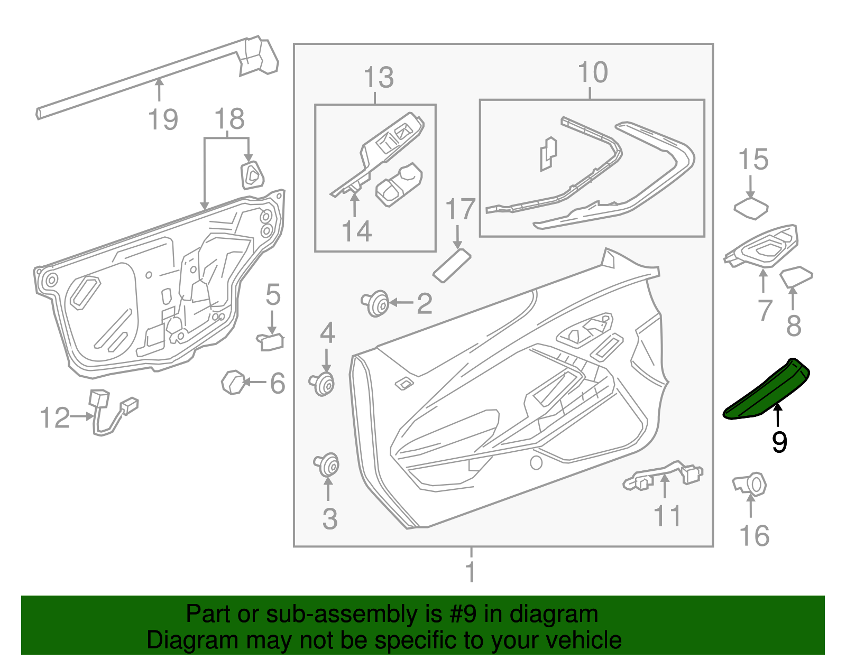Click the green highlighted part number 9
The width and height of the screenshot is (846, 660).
pyautogui.click(x=766, y=391)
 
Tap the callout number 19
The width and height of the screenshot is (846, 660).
pyautogui.click(x=163, y=119)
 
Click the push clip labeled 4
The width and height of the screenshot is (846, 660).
pyautogui.click(x=323, y=384)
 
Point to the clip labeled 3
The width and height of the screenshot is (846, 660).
pyautogui.click(x=328, y=465)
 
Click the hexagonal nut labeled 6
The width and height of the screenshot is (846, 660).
pyautogui.click(x=233, y=382)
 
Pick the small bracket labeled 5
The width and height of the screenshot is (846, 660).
pyautogui.click(x=271, y=341)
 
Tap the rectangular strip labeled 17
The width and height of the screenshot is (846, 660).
pyautogui.click(x=452, y=266)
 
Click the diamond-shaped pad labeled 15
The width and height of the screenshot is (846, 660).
pyautogui.click(x=751, y=208)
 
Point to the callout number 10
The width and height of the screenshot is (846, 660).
pyautogui.click(x=592, y=73)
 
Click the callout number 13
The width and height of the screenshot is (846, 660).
pyautogui.click(x=379, y=78)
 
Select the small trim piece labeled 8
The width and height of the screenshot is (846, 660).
pyautogui.click(x=796, y=277)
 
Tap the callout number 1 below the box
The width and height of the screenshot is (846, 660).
pyautogui.click(x=471, y=572)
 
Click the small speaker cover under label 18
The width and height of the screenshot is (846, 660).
pyautogui.click(x=252, y=175)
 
